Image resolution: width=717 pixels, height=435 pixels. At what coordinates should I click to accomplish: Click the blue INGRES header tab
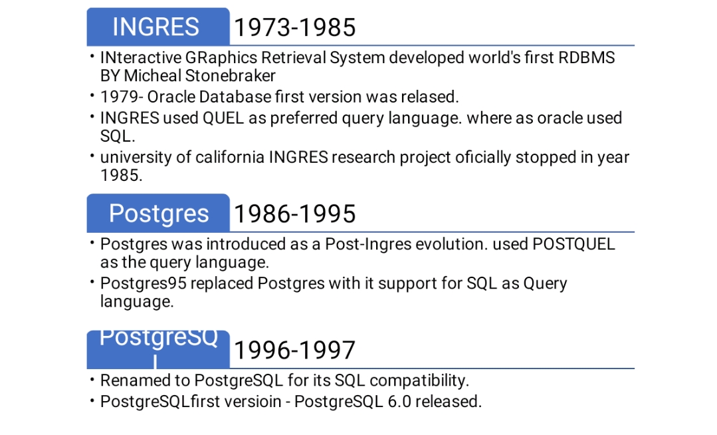pos(158,27)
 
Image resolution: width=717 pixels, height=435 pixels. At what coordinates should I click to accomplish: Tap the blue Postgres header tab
pos(158,213)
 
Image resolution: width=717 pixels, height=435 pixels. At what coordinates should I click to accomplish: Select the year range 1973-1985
pos(295,27)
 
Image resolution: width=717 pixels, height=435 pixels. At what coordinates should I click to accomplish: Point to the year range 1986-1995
pos(295,214)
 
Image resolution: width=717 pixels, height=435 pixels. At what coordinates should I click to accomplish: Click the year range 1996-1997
pos(295,351)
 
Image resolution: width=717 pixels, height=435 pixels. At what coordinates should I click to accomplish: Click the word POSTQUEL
pos(574,244)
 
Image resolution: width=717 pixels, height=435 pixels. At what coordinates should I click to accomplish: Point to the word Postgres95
pos(143,283)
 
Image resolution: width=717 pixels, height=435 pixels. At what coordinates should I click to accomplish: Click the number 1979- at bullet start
pos(122,96)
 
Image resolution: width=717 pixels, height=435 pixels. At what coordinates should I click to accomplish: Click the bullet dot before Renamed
pos(92,380)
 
